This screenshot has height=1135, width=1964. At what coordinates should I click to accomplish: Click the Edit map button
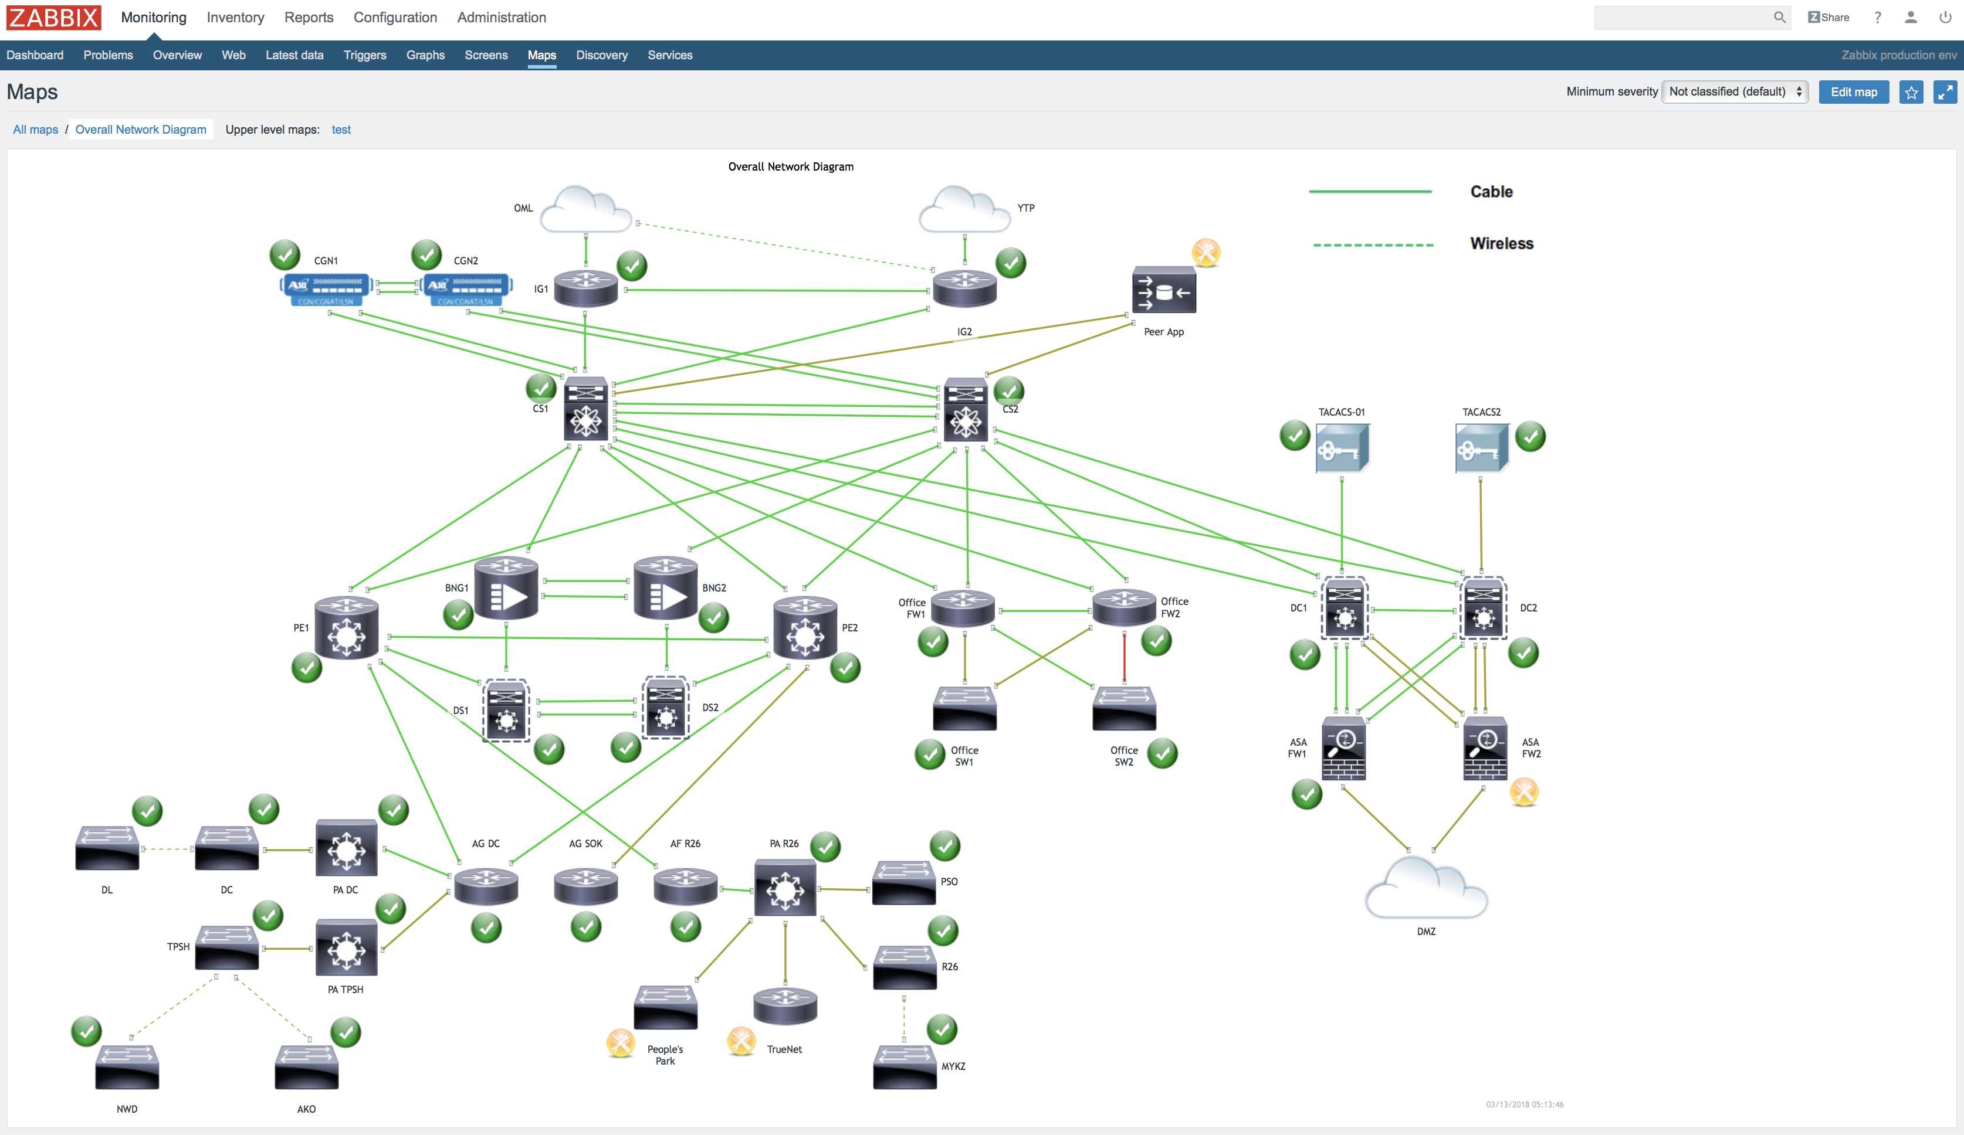[1853, 92]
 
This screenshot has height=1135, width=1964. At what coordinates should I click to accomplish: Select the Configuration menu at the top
[395, 17]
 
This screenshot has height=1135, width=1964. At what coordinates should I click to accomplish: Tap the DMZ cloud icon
[1425, 889]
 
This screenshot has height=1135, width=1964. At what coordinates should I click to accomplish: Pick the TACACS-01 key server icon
[1342, 448]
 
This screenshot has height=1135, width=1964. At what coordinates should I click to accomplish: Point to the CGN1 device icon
[326, 289]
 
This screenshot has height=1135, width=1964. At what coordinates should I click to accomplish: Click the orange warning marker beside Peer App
[1206, 253]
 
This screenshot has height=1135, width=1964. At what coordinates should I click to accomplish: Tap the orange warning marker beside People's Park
[621, 1043]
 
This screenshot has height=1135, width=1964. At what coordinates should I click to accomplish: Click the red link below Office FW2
[1124, 656]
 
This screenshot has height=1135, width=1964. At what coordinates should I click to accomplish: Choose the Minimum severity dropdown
[1735, 92]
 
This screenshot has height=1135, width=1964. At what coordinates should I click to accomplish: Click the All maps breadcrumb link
[35, 130]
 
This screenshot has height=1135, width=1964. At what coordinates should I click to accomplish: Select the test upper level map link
[341, 130]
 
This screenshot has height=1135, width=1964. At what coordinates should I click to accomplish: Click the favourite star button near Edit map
[1911, 93]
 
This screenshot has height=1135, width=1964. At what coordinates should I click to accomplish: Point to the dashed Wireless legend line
[1373, 244]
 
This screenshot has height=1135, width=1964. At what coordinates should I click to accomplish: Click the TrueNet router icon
[785, 1005]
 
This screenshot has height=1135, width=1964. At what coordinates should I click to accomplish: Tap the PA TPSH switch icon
[346, 948]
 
